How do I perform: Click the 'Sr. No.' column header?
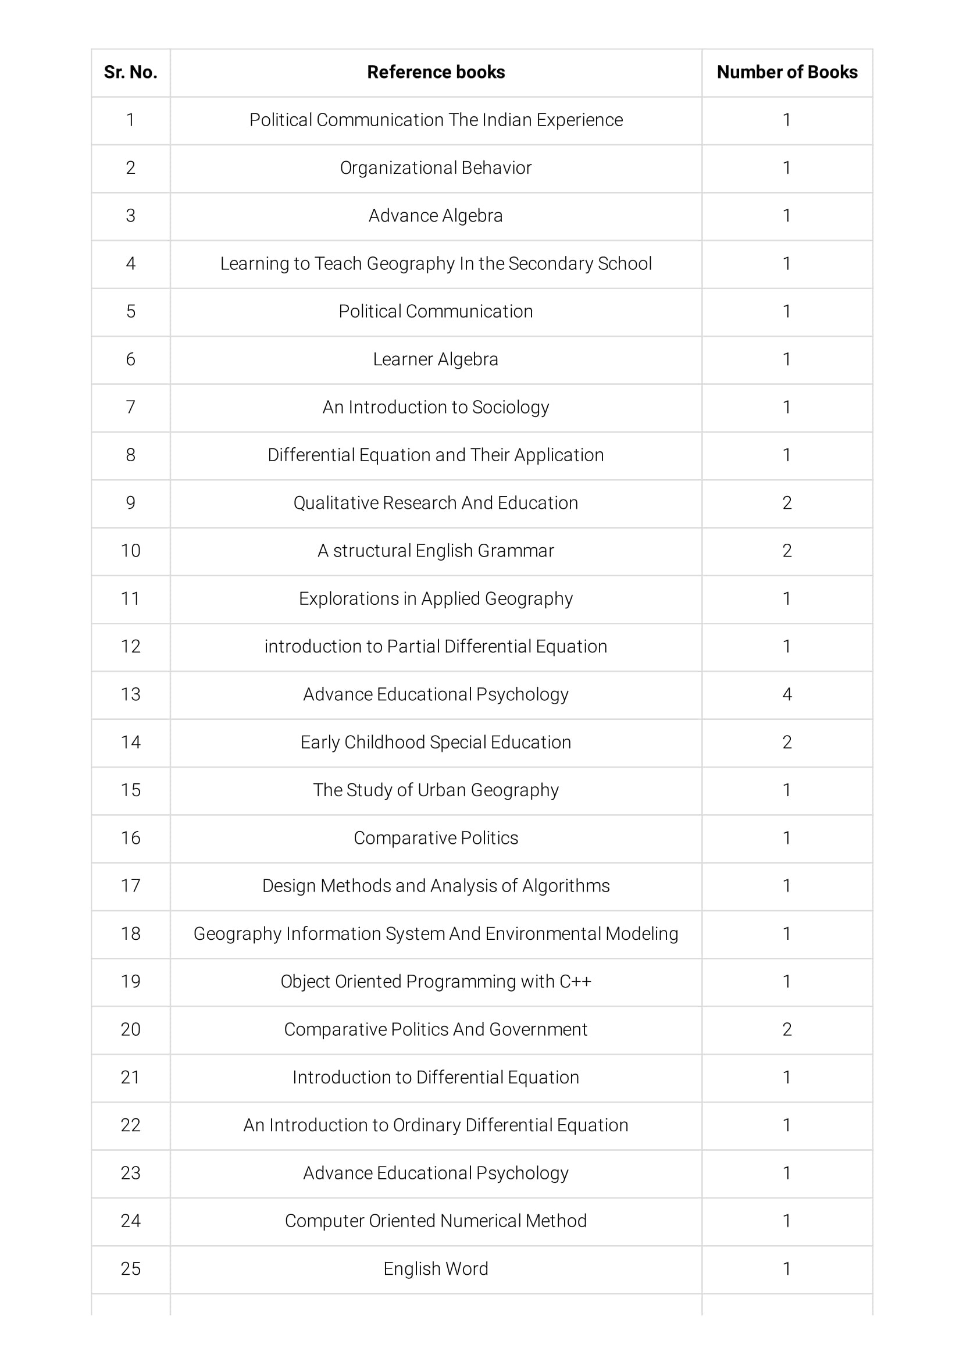pos(130,72)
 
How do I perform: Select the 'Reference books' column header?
pos(436,72)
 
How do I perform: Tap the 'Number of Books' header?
pos(787,72)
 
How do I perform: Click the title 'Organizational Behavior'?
pos(436,168)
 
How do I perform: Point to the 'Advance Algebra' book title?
pos(436,216)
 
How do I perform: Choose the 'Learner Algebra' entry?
pos(436,359)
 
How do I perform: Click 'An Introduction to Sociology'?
pos(436,407)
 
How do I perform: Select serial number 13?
pos(130,694)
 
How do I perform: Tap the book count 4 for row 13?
pos(787,694)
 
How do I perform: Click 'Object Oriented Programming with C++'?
pos(436,981)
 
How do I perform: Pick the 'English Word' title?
pos(436,1268)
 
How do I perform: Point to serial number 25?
pos(130,1268)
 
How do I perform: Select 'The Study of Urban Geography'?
pos(436,790)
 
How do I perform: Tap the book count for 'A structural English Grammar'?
pos(787,551)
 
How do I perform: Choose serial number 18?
pos(130,934)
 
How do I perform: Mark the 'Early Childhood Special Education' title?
pos(436,742)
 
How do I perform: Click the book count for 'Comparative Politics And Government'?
pos(787,1029)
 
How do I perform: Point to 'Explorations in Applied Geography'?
pos(436,598)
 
